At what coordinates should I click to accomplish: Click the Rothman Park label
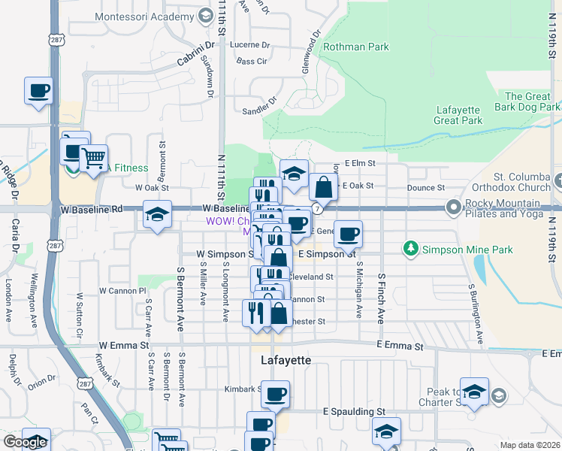tap(356, 47)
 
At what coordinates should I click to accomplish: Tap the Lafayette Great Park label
tap(458, 115)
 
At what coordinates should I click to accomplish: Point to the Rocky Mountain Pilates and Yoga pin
tap(453, 207)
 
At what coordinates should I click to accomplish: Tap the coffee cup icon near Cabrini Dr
tap(38, 92)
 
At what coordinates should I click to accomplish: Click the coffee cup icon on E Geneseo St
tap(348, 235)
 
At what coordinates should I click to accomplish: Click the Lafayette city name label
tap(286, 360)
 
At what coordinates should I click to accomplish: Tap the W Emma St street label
tap(123, 345)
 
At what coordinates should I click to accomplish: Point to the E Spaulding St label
tap(354, 412)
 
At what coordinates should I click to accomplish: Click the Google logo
tap(25, 442)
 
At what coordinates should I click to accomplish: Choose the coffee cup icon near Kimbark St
tap(275, 393)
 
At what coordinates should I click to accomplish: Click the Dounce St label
tap(426, 188)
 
